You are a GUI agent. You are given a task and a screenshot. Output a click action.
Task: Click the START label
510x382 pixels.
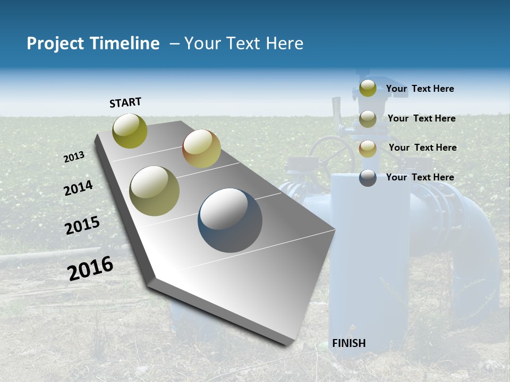(x=125, y=102)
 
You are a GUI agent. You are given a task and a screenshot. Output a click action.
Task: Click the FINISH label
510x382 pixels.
(x=349, y=343)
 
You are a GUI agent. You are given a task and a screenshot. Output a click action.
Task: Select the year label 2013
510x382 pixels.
(x=74, y=157)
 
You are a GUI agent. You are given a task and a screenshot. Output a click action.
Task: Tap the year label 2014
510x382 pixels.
(x=78, y=188)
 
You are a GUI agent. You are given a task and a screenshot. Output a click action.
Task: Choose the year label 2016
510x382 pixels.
(x=90, y=268)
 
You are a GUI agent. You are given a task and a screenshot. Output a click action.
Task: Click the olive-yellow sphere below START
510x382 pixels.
(x=130, y=131)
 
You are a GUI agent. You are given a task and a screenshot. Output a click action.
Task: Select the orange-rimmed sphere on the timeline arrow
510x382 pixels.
(x=201, y=149)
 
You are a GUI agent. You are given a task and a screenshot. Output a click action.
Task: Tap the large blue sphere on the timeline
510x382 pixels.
(x=230, y=220)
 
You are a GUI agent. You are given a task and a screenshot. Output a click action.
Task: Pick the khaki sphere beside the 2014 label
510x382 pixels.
(x=155, y=190)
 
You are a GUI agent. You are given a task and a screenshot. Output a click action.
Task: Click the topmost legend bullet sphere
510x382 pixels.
(x=368, y=89)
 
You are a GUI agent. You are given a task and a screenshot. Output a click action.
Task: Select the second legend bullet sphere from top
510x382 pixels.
(x=368, y=119)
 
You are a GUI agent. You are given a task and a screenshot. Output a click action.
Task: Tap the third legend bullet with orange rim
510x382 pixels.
(x=368, y=149)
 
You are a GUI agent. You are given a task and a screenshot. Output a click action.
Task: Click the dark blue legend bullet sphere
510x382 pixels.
(x=368, y=178)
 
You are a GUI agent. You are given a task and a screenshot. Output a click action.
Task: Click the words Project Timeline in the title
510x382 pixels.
(x=93, y=44)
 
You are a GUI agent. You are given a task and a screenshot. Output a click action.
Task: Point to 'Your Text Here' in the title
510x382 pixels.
(x=244, y=44)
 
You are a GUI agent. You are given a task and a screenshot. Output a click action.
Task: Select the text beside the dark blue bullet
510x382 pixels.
(x=420, y=177)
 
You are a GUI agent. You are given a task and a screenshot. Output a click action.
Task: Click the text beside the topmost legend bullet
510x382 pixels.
(x=420, y=89)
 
